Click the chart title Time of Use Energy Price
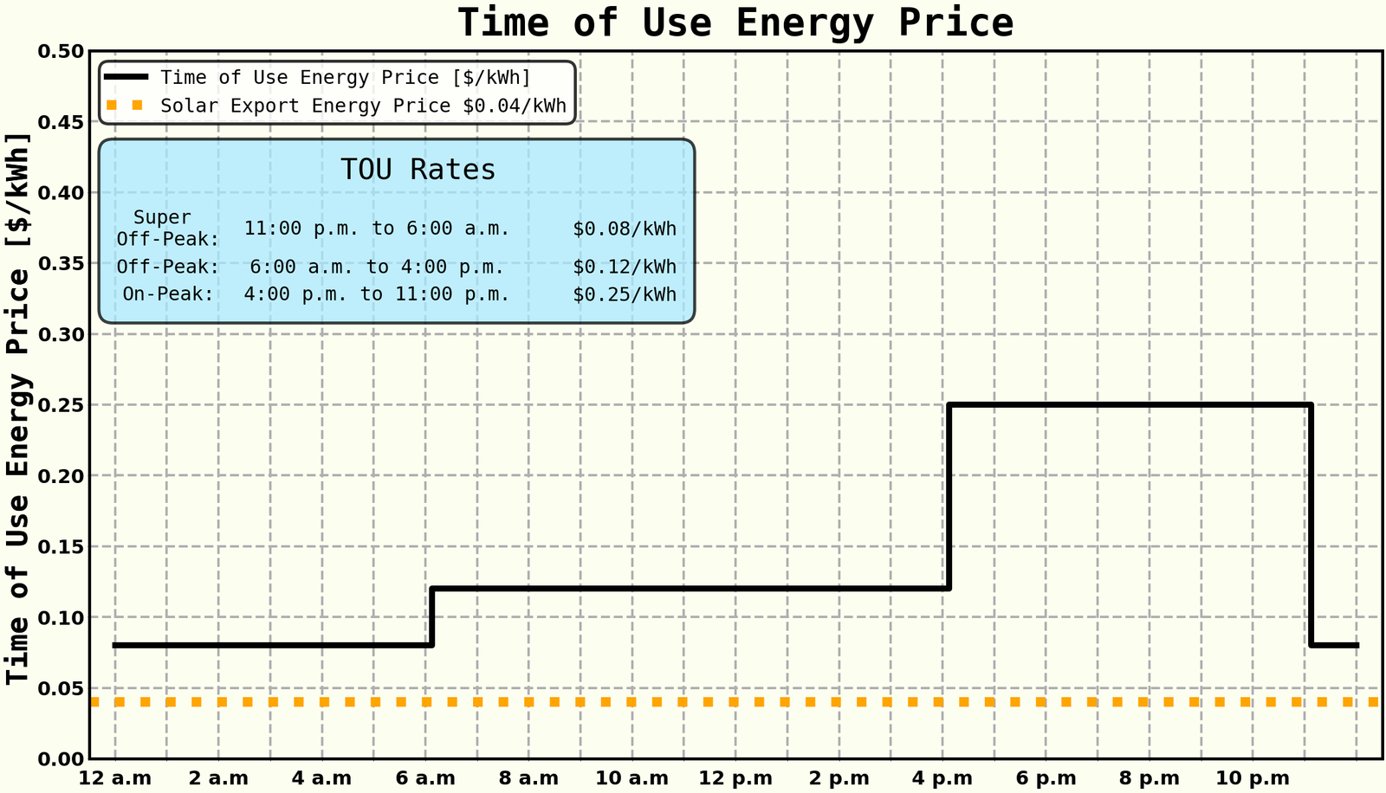(x=735, y=23)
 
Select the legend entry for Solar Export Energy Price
(x=363, y=106)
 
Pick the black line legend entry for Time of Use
(x=345, y=78)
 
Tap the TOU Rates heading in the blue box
(x=418, y=170)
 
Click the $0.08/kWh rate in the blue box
(x=624, y=229)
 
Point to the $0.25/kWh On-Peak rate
(x=624, y=294)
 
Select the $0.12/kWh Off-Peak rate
(x=624, y=267)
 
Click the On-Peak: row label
(x=168, y=294)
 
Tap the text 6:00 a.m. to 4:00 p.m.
(x=377, y=267)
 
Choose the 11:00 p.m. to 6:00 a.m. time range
(x=377, y=229)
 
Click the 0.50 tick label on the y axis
(x=62, y=52)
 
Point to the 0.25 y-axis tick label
(x=62, y=405)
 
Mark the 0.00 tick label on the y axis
(x=62, y=759)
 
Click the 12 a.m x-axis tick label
(x=115, y=778)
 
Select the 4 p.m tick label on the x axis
(x=942, y=778)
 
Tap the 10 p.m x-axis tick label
(x=1253, y=778)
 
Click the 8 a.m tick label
(x=528, y=778)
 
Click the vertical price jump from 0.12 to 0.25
(x=949, y=497)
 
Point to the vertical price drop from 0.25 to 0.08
(x=1312, y=525)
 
